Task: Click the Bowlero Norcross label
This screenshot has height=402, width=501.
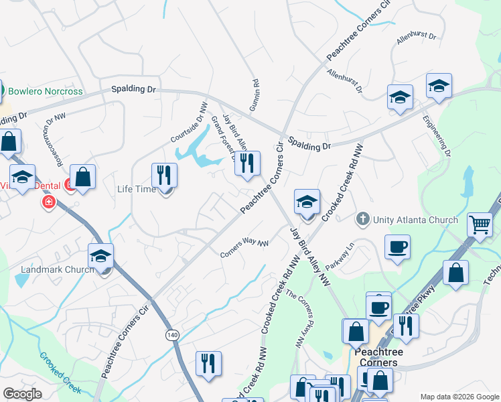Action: pyautogui.click(x=45, y=91)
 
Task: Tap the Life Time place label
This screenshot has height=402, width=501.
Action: pyautogui.click(x=137, y=189)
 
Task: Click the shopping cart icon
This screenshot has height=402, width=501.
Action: pyautogui.click(x=480, y=225)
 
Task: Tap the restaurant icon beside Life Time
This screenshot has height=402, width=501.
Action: pyautogui.click(x=164, y=176)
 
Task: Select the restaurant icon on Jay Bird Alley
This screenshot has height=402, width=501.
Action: pyautogui.click(x=247, y=163)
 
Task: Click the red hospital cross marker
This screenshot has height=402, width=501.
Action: pyautogui.click(x=48, y=202)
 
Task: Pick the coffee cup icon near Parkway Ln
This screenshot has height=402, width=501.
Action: pyautogui.click(x=397, y=246)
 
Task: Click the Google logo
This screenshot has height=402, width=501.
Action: pyautogui.click(x=22, y=394)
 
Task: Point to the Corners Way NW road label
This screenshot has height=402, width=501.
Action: pyautogui.click(x=244, y=249)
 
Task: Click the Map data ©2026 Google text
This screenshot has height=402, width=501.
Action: pyautogui.click(x=459, y=397)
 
